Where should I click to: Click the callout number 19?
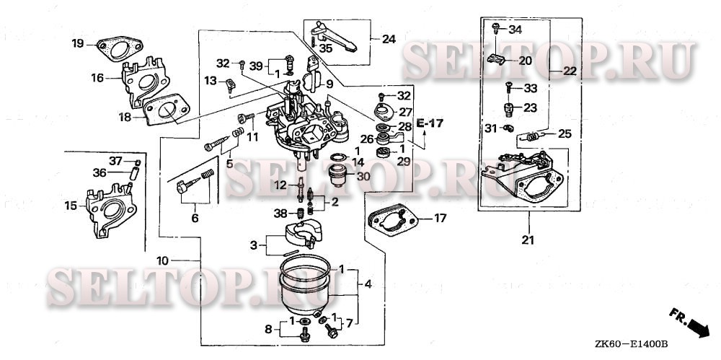pos(78,44)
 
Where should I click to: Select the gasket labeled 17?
pos(392,219)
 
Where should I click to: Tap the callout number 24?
pos(389,39)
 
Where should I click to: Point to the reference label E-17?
pos(430,123)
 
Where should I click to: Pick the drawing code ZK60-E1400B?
pos(630,344)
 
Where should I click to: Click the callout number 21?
pos(528,240)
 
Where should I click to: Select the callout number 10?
pos(162,261)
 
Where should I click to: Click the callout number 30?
pos(363,176)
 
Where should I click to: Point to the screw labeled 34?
pos(496,29)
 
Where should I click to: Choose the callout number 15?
pos(71,206)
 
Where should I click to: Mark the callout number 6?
pos(195,218)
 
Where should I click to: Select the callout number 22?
pos(570,71)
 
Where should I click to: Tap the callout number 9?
pos(329,84)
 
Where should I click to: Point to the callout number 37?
pos(115,161)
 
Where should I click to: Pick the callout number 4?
pos(368,284)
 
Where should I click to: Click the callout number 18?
pos(125,118)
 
